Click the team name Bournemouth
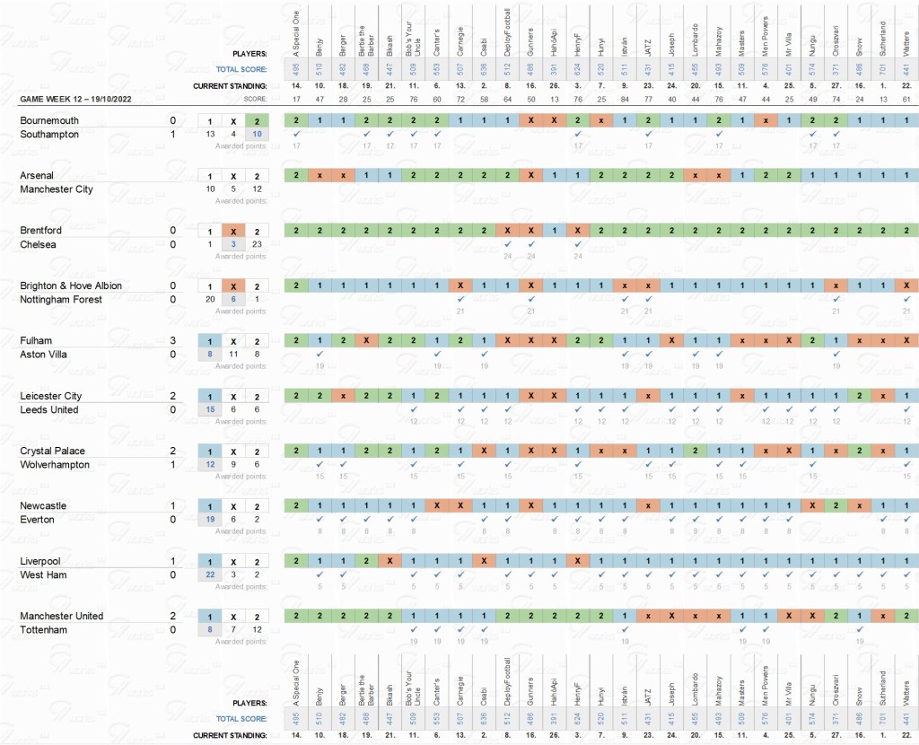(49, 120)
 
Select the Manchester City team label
(58, 189)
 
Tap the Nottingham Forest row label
(60, 300)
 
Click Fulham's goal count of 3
(172, 341)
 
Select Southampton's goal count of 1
(172, 135)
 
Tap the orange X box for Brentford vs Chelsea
(232, 231)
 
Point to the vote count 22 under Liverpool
(210, 574)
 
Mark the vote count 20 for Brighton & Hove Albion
(210, 300)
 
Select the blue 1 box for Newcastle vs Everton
(210, 506)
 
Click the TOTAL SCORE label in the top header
(242, 69)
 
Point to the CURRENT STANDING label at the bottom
(230, 736)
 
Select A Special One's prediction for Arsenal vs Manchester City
(295, 176)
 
